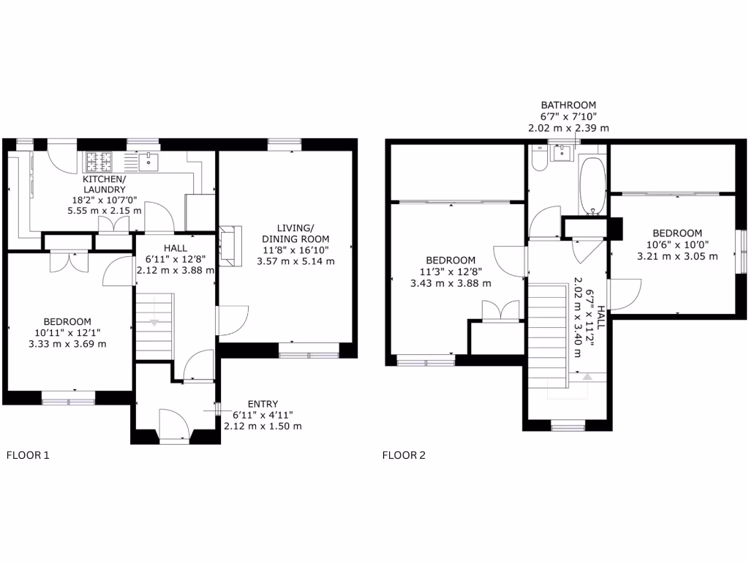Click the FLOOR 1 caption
pyautogui.click(x=28, y=455)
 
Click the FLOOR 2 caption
pyautogui.click(x=404, y=455)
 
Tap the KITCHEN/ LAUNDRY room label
pyautogui.click(x=104, y=184)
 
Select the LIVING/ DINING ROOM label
pyautogui.click(x=298, y=233)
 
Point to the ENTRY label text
pyautogui.click(x=263, y=404)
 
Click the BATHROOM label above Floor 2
pyautogui.click(x=568, y=105)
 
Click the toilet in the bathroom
pyautogui.click(x=539, y=160)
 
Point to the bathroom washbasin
pyautogui.click(x=562, y=153)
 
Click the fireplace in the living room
pyautogui.click(x=227, y=245)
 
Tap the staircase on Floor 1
pyautogui.click(x=154, y=326)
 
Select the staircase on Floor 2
pyautogui.click(x=548, y=337)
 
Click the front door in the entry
pyautogui.click(x=174, y=425)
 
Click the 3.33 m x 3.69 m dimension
pyautogui.click(x=67, y=344)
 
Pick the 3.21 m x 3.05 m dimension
pyautogui.click(x=677, y=256)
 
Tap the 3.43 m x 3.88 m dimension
pyautogui.click(x=451, y=283)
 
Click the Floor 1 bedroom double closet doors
pyautogui.click(x=69, y=260)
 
